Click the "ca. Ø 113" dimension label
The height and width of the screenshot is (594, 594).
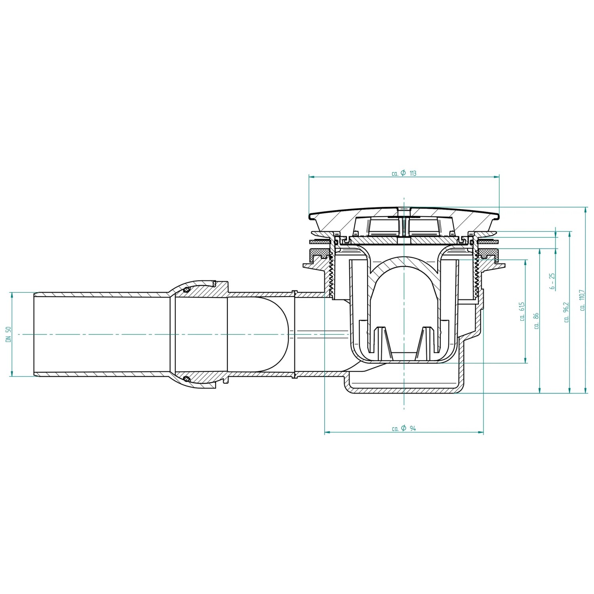(x=404, y=173)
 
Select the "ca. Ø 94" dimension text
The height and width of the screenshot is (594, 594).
(x=404, y=428)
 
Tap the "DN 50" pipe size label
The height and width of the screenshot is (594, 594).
(x=8, y=334)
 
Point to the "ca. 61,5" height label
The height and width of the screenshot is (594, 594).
(x=522, y=311)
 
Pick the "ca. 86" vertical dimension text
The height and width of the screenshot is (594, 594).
(x=537, y=321)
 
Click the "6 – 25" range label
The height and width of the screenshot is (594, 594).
(x=552, y=282)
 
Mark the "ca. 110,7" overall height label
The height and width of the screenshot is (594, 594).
(x=582, y=300)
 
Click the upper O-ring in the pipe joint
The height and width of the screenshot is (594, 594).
(x=186, y=290)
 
